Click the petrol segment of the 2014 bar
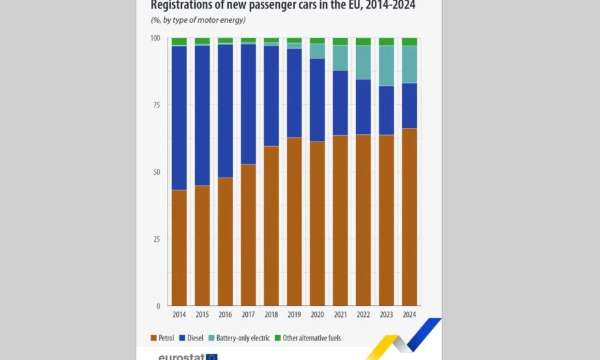(179, 248)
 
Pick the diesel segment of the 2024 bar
(410, 106)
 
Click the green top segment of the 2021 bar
(340, 42)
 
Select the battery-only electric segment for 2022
(363, 63)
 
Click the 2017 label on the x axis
(248, 315)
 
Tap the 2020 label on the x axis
(317, 315)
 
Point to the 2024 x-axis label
(409, 315)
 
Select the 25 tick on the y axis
(156, 239)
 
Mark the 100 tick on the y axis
(155, 38)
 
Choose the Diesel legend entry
(194, 338)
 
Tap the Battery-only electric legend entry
(242, 338)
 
